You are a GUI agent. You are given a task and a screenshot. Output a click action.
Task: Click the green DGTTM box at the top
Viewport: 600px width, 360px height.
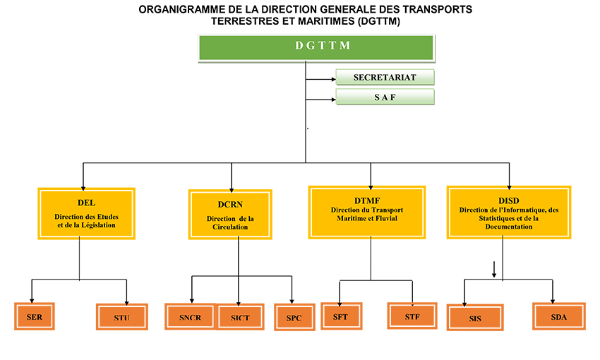pos(316,47)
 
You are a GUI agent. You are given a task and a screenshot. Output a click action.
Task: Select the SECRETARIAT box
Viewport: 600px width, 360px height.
pos(384,77)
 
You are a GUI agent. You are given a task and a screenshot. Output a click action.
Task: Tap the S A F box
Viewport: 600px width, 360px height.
pos(384,97)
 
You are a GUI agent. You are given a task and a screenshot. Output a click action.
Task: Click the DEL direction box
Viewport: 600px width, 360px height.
pos(85,213)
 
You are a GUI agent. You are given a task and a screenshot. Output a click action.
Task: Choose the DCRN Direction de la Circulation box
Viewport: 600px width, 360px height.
pos(230,215)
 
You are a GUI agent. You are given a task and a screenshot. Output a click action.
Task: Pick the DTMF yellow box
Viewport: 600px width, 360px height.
pos(366,212)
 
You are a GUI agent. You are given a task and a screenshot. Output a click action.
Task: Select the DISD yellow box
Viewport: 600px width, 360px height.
pos(508,212)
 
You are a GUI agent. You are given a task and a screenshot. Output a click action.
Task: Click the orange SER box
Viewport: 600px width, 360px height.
pos(35,317)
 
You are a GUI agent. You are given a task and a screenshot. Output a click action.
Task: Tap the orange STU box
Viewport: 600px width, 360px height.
pos(121,318)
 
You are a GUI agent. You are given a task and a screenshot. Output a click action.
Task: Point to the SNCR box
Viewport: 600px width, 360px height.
pos(189,317)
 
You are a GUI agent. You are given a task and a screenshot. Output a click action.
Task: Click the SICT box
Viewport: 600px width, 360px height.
pos(239,318)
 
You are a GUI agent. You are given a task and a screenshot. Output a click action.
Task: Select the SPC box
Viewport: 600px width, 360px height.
pos(294,318)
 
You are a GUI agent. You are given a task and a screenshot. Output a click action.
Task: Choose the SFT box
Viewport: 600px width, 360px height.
pos(341,316)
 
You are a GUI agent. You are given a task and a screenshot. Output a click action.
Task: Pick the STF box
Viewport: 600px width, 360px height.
pos(412,316)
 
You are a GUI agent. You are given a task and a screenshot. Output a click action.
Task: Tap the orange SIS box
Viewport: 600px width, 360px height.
pos(475,318)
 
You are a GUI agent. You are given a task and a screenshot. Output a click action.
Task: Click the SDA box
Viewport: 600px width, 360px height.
pos(558,317)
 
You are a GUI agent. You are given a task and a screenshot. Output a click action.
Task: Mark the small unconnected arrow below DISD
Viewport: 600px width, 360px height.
pos(494,269)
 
